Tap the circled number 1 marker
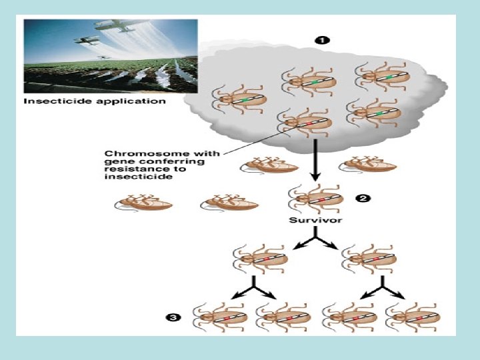pyautogui.click(x=321, y=40)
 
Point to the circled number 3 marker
pyautogui.click(x=173, y=318)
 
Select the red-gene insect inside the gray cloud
pyautogui.click(x=303, y=122)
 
